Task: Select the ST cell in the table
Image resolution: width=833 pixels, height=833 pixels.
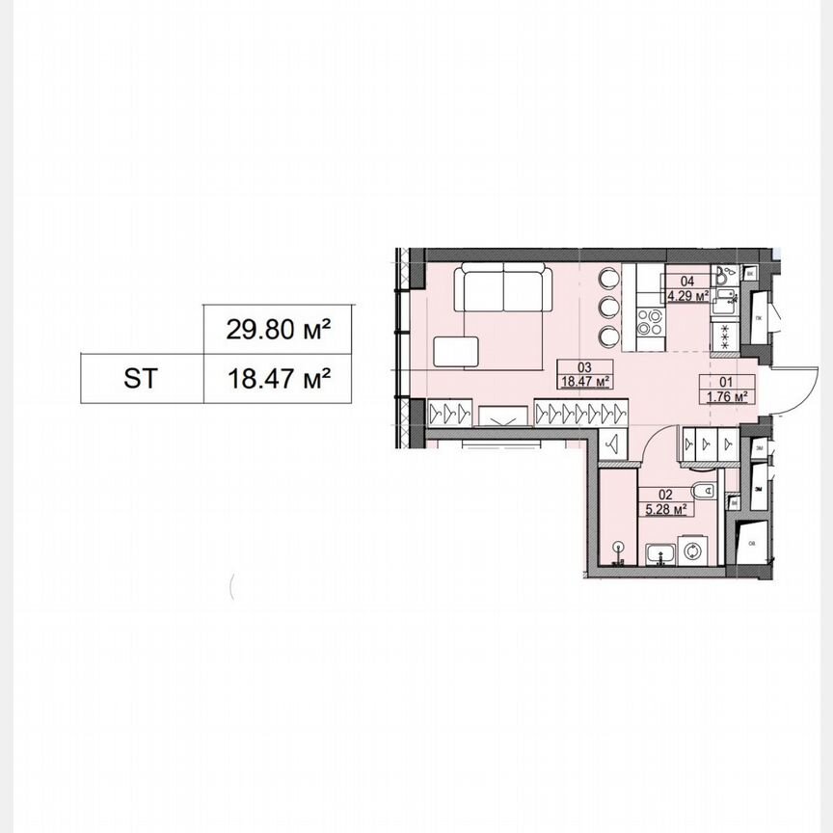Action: (141, 378)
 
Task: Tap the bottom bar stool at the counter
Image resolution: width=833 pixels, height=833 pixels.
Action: (608, 335)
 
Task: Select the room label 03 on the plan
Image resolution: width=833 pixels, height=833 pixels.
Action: (583, 367)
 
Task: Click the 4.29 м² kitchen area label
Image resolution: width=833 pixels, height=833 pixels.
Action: (688, 295)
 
